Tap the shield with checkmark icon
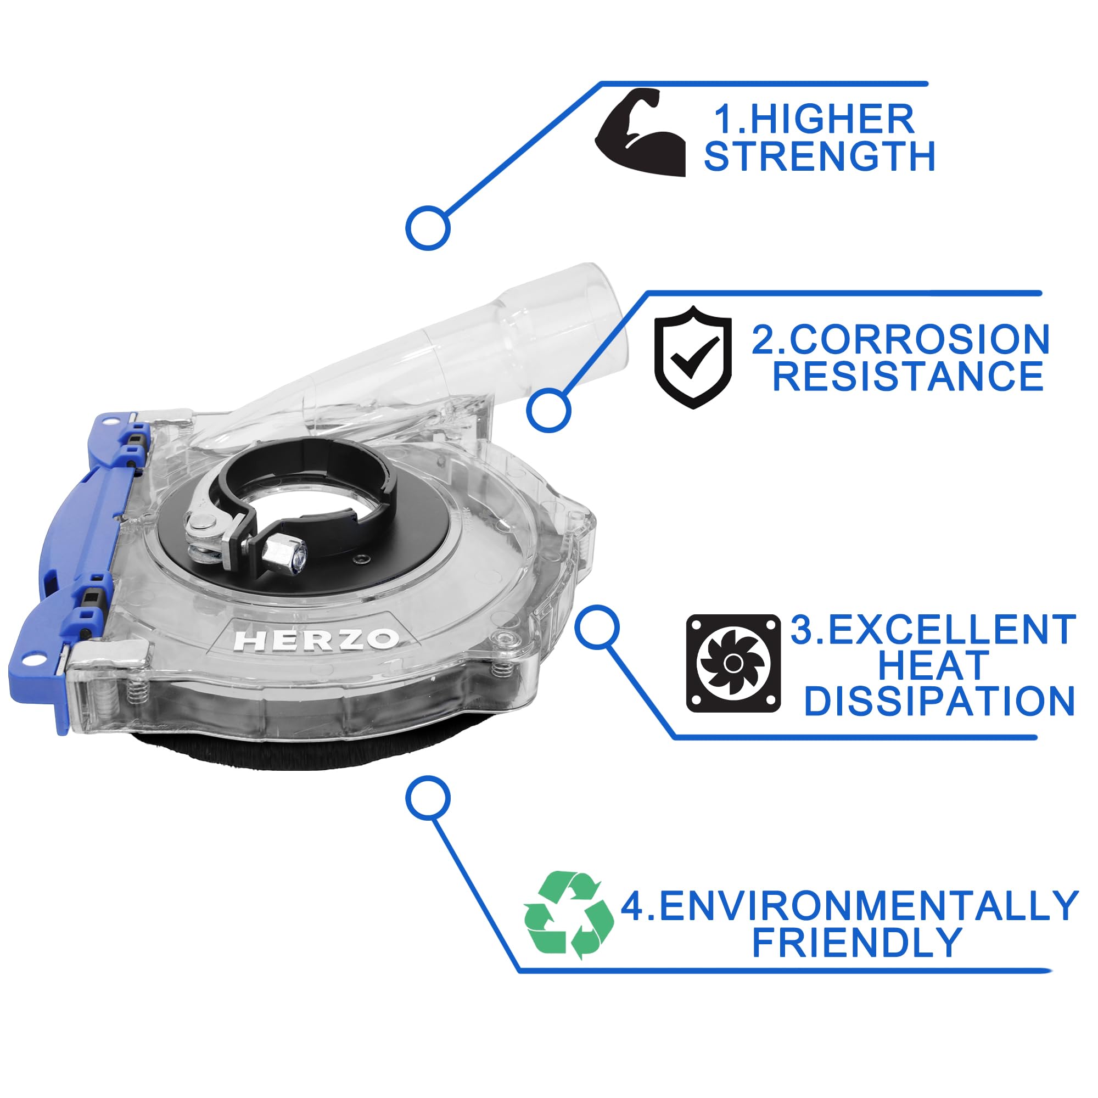(693, 356)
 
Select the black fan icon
(733, 663)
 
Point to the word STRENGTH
(820, 156)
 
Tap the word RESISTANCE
(907, 376)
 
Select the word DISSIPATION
(939, 701)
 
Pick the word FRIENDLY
(856, 942)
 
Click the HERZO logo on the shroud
(317, 641)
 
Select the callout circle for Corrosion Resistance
(548, 409)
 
